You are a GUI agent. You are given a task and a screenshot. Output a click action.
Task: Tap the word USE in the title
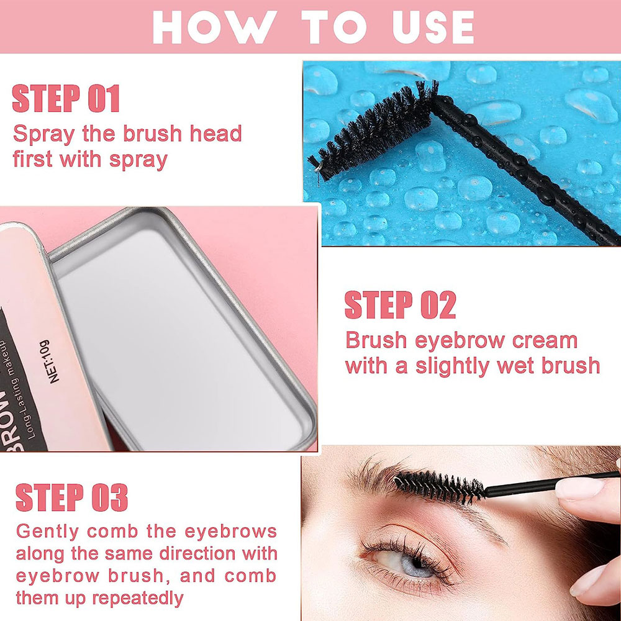pyautogui.click(x=433, y=27)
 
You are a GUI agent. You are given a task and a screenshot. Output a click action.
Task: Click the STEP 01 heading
pyautogui.click(x=66, y=99)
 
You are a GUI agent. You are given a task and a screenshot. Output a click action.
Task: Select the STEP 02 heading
pyautogui.click(x=401, y=304)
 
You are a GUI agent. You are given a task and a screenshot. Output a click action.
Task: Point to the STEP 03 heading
pyautogui.click(x=71, y=497)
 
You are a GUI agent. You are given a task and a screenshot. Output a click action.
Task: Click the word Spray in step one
pyautogui.click(x=43, y=135)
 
